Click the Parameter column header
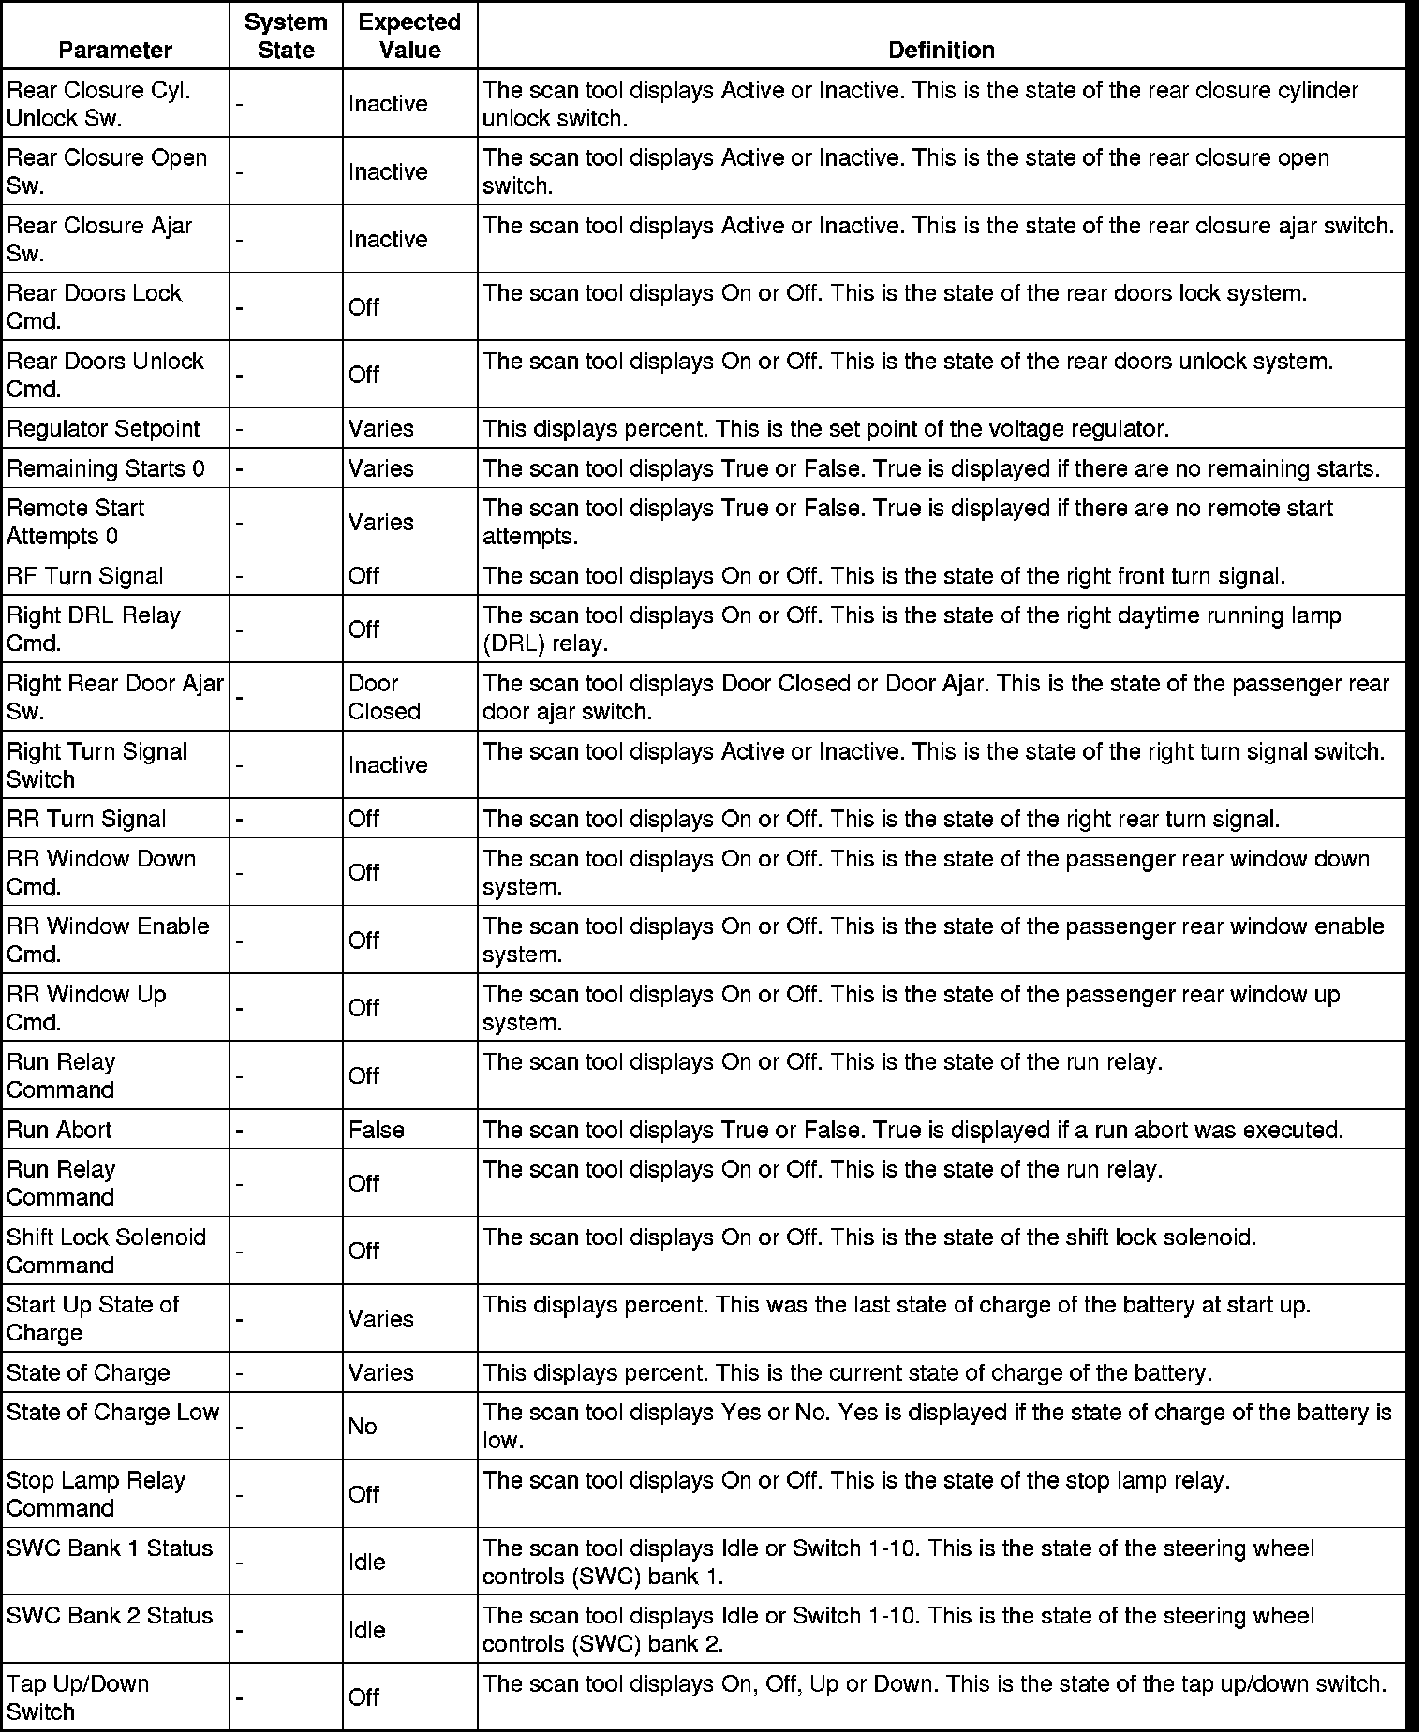click(115, 50)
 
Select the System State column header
click(286, 36)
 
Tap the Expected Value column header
click(409, 36)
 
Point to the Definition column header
click(941, 50)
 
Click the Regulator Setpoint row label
click(103, 429)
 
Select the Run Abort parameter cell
click(59, 1130)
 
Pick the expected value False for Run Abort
click(377, 1130)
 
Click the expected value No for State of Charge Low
click(363, 1426)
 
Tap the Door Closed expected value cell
click(384, 697)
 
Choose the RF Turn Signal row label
click(85, 576)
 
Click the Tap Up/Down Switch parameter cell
click(78, 1697)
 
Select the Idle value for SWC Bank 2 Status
click(367, 1630)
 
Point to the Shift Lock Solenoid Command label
click(106, 1251)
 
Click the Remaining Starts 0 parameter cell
click(106, 468)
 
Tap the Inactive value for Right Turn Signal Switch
click(388, 765)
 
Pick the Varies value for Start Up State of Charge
click(381, 1319)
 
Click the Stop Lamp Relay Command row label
click(96, 1494)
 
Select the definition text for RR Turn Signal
click(881, 820)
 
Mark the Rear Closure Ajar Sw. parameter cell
click(99, 239)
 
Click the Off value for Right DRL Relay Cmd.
click(363, 630)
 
